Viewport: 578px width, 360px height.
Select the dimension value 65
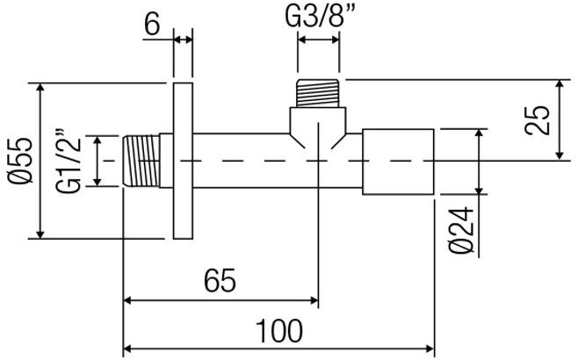click(219, 281)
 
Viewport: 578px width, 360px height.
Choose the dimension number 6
click(151, 24)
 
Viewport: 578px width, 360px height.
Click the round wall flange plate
click(183, 161)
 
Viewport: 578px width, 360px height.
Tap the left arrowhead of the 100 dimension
click(127, 349)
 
